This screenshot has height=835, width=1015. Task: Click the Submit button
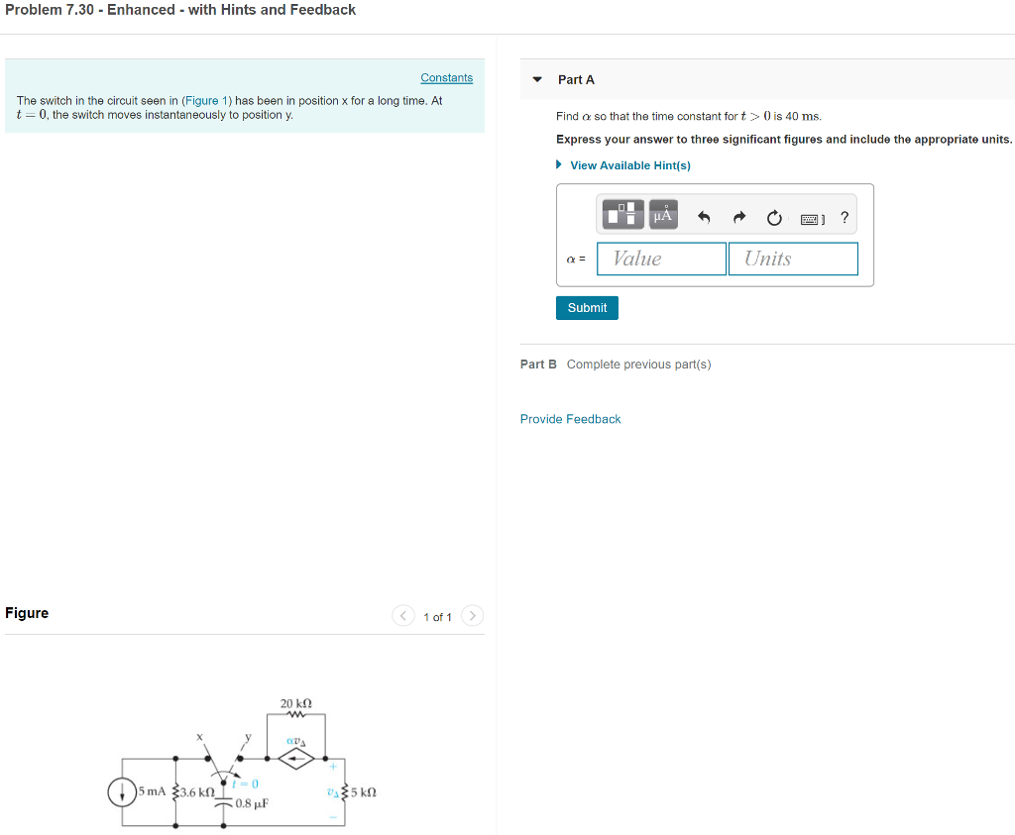coord(587,308)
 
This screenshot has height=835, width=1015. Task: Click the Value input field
coord(661,259)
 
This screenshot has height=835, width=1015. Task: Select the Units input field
coord(793,259)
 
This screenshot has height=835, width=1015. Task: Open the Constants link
coord(446,78)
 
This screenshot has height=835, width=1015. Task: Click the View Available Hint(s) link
coord(629,165)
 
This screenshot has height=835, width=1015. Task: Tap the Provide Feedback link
coord(570,419)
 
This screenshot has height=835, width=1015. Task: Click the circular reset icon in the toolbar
coord(774,217)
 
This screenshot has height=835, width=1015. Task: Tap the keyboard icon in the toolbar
coord(812,218)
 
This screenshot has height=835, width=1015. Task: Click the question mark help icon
coord(845,217)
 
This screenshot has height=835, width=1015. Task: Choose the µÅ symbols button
coord(663,214)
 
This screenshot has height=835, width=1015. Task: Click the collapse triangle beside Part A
coord(537,79)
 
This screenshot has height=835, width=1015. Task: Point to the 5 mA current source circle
coord(123,792)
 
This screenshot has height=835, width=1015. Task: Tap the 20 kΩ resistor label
coord(296,703)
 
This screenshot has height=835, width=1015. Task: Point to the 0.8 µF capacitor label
coord(253,803)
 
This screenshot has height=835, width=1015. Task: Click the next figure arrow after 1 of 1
coord(473,616)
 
